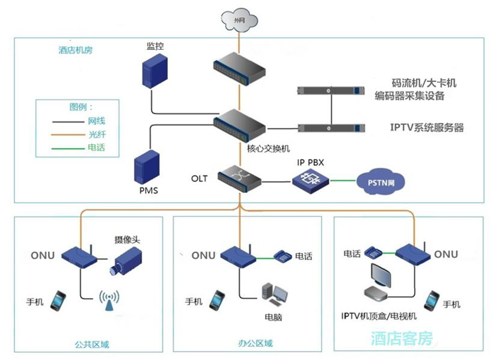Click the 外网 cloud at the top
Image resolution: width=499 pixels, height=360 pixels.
coord(239,21)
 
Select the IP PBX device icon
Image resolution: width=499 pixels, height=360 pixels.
coord(311,179)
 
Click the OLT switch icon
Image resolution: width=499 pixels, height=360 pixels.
coord(239,177)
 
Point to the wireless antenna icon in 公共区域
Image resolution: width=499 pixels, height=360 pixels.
coord(109,301)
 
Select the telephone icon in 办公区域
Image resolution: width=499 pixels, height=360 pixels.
coord(283,256)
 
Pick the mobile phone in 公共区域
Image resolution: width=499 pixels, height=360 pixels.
coord(58,301)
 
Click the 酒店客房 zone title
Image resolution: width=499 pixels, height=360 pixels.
coord(402,338)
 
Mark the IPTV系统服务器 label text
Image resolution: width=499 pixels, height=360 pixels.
coord(427,127)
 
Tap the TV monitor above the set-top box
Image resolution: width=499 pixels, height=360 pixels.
coord(382,276)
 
